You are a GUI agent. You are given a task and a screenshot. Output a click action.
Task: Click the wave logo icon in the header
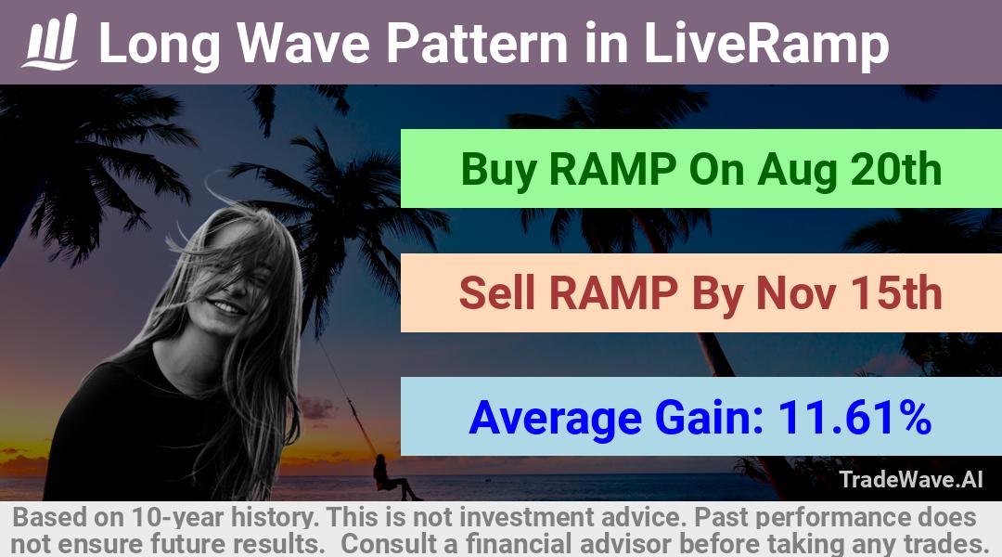coord(50,42)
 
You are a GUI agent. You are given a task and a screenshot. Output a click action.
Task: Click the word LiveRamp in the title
coord(765,44)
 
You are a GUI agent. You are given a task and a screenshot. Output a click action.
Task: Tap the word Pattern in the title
coord(477,44)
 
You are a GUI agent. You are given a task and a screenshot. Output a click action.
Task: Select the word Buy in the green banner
coord(498,170)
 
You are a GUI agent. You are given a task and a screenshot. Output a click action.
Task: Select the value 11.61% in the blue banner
coord(854,417)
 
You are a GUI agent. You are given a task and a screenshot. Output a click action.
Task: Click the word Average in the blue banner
coord(555,419)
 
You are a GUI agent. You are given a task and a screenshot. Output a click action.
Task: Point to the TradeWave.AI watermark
coord(911,479)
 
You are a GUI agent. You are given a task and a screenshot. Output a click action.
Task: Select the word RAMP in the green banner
coord(613,170)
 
